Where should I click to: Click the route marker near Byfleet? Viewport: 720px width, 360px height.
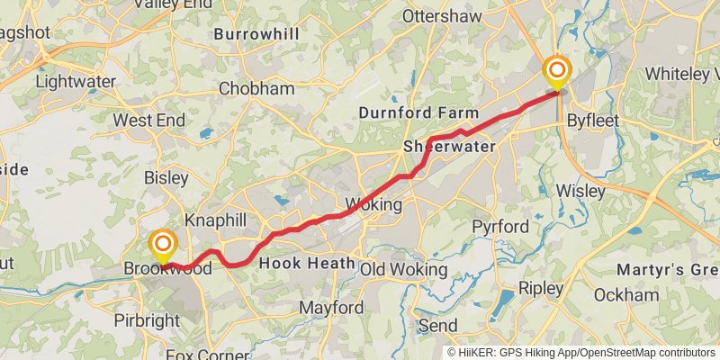558,70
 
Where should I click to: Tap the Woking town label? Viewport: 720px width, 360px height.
373,204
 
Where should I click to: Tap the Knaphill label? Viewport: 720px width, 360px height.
215,220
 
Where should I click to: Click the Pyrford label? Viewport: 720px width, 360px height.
500,226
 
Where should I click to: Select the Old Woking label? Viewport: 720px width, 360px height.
404,269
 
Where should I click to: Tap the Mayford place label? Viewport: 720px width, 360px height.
331,308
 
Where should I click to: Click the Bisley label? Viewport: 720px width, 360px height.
166,178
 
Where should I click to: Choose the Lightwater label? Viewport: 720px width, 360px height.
76,81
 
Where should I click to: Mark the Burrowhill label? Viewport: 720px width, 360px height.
256,34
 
